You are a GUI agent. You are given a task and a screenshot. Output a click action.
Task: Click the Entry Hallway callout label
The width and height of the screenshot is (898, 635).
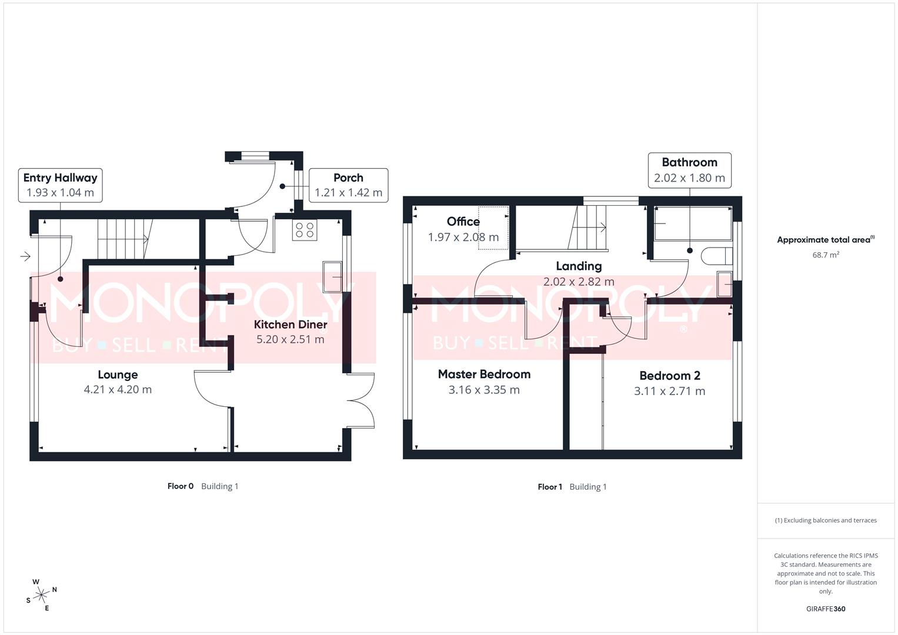pos(60,178)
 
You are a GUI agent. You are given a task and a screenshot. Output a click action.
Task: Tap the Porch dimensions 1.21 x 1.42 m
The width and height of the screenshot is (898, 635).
pos(348,192)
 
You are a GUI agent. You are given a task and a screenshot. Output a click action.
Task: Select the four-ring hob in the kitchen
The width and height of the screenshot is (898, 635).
pos(305,230)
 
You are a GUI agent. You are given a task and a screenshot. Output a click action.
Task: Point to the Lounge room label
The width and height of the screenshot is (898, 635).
pos(118,375)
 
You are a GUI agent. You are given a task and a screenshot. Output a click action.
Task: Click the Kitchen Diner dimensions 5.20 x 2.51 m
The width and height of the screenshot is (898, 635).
pos(291,339)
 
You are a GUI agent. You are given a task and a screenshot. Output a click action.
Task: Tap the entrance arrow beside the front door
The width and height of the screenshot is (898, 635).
pos(25,256)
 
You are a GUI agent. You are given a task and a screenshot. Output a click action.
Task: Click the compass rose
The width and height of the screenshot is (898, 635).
pos(41,595)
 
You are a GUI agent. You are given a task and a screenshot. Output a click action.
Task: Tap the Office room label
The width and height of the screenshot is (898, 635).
pos(463,221)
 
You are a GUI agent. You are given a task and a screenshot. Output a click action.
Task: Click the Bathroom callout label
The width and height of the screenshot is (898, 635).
pos(689,162)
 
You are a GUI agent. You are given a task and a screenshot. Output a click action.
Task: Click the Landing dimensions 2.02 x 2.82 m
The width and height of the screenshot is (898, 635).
pos(579,282)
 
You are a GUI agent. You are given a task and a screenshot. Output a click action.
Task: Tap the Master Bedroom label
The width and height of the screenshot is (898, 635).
pos(484,374)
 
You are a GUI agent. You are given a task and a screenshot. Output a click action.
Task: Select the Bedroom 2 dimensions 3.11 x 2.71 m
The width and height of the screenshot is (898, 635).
pos(669,391)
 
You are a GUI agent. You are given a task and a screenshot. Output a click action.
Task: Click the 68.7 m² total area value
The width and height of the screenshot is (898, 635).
pos(826,255)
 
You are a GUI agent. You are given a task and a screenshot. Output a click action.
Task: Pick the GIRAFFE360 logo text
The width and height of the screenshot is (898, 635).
pos(826,609)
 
